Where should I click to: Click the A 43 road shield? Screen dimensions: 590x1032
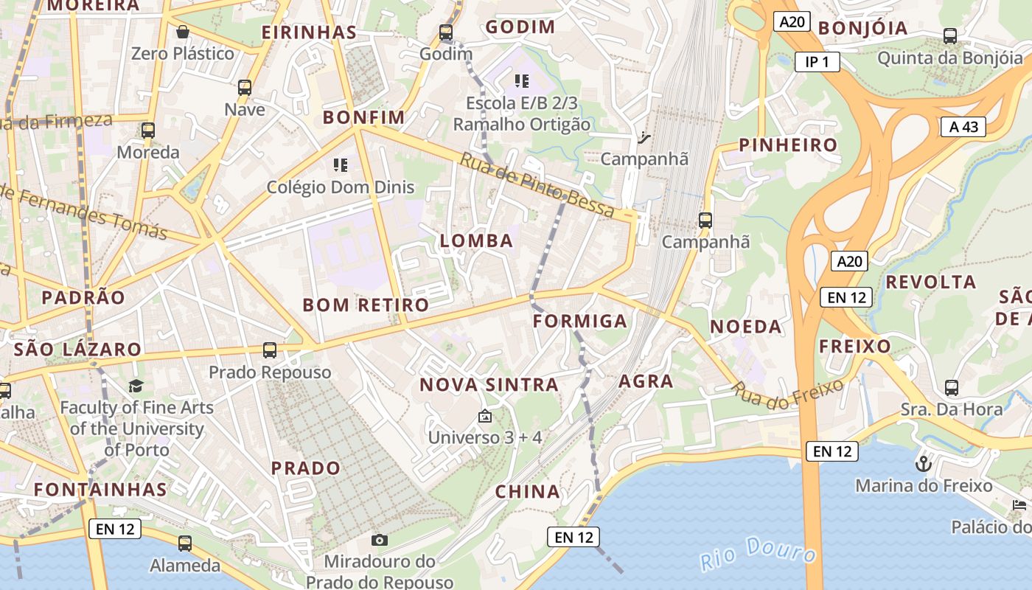[963, 127]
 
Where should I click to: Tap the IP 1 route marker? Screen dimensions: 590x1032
[817, 62]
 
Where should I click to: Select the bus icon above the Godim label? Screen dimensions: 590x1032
[445, 32]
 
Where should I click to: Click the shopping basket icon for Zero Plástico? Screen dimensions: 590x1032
[182, 32]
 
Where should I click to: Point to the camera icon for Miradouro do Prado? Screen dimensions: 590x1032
[380, 541]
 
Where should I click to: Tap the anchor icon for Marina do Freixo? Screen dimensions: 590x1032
[923, 464]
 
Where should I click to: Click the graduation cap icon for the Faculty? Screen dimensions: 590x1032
[136, 386]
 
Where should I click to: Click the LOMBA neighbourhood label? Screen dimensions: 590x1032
[476, 240]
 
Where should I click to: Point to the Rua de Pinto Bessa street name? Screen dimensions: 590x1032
[537, 185]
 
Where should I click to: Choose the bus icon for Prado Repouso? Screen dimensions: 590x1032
[270, 350]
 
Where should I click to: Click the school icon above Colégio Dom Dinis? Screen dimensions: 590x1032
[340, 164]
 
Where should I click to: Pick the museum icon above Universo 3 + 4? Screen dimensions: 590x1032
[484, 417]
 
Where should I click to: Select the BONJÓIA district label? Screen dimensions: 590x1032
[862, 28]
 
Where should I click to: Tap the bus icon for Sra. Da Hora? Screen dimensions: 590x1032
[952, 387]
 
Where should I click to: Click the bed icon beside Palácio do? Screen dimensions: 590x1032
[1019, 505]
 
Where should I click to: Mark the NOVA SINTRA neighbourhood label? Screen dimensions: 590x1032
[489, 384]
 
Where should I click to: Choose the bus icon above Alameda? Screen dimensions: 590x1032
[185, 544]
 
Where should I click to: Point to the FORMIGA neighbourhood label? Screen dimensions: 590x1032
[580, 321]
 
